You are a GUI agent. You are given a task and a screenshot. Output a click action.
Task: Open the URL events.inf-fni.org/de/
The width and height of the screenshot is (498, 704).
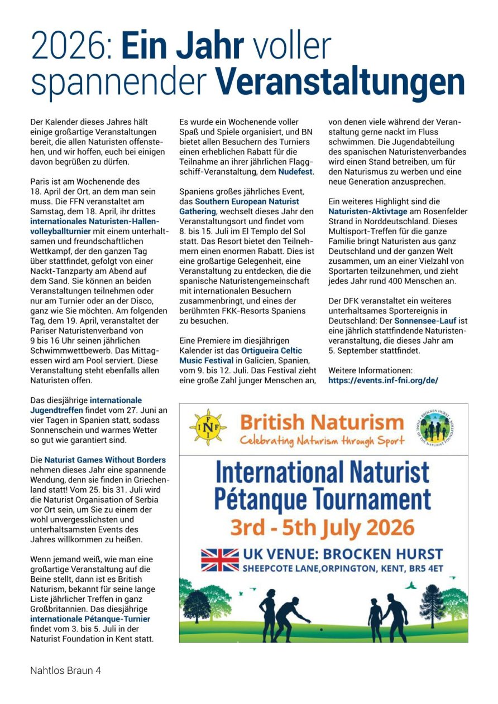click(383, 380)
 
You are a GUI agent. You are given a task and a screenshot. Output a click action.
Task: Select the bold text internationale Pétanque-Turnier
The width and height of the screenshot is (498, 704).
click(90, 619)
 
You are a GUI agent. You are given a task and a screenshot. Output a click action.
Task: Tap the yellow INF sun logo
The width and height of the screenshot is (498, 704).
click(208, 427)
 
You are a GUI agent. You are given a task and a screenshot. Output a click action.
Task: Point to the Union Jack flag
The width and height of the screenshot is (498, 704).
click(219, 560)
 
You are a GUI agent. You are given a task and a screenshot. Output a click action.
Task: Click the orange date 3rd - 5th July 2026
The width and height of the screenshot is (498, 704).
click(323, 527)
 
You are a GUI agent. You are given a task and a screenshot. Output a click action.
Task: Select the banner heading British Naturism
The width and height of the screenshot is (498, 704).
click(322, 421)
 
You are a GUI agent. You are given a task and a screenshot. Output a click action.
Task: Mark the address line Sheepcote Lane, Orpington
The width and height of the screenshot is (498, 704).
click(342, 568)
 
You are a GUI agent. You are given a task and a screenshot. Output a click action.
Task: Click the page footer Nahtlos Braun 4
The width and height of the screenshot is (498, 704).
click(65, 671)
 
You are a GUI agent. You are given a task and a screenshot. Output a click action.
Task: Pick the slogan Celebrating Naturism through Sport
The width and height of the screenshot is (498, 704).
click(322, 441)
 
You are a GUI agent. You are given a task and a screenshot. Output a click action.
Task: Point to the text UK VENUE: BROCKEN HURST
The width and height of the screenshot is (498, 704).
click(342, 554)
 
